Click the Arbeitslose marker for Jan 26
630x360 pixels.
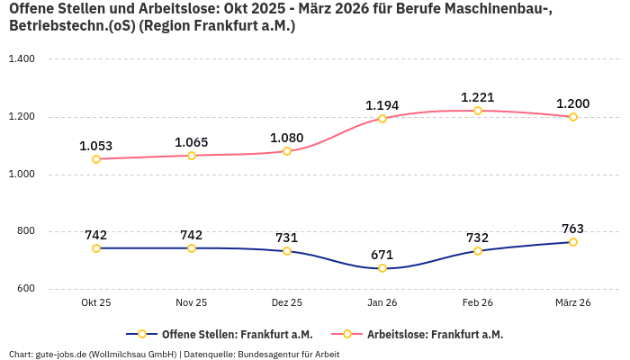tap(382, 119)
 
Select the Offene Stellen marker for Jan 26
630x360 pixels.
tap(382, 268)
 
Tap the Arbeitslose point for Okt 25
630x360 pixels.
tap(96, 159)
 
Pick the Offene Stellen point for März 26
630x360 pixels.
tap(573, 242)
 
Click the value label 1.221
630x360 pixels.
tap(477, 97)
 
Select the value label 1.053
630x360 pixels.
tap(95, 146)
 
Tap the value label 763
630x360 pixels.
tap(572, 229)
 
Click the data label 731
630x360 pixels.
tap(286, 238)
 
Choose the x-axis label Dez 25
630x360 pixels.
tap(286, 303)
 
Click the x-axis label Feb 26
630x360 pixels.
tap(477, 303)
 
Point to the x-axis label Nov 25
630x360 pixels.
tap(191, 303)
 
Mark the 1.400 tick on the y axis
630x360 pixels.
tap(21, 59)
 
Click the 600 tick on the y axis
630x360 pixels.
tap(24, 289)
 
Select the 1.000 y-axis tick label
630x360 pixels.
tap(21, 175)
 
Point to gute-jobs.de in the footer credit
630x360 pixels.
tap(58, 354)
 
